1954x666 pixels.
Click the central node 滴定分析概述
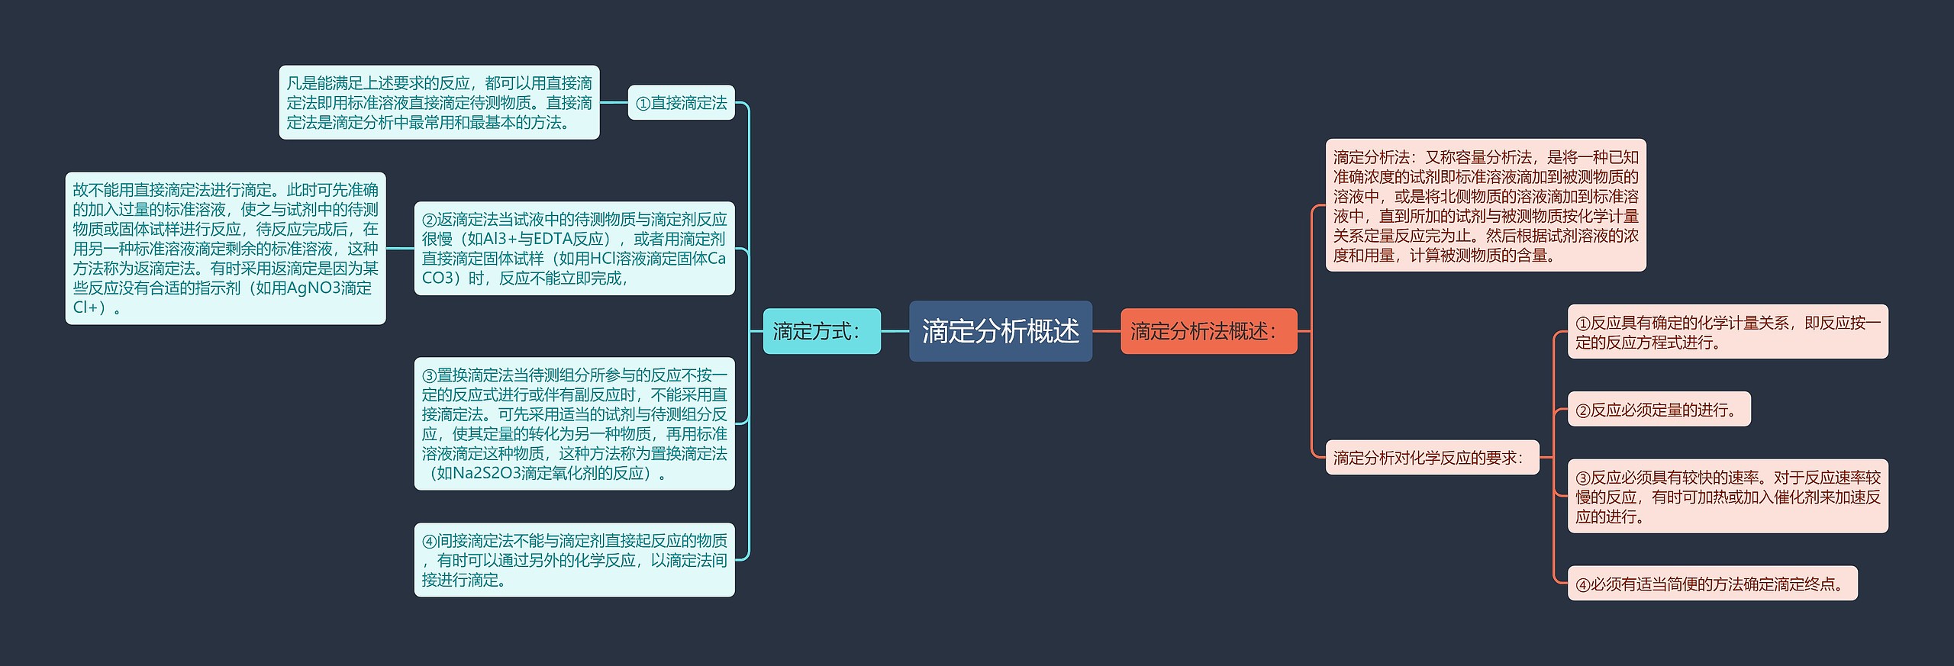point(1000,331)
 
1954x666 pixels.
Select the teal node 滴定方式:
point(821,331)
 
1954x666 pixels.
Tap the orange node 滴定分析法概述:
point(1208,331)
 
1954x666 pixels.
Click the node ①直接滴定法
point(681,103)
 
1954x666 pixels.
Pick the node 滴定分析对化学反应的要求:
point(1432,458)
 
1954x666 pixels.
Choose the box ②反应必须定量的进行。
point(1659,410)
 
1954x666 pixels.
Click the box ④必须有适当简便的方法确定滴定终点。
point(1712,584)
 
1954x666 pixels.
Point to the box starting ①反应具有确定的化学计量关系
point(1727,332)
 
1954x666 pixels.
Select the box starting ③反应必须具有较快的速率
point(1727,497)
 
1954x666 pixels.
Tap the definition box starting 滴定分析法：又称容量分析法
point(1485,205)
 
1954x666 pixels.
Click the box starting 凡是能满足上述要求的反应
point(439,103)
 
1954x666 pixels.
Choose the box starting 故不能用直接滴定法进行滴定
point(225,249)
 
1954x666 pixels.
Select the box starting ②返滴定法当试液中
point(574,249)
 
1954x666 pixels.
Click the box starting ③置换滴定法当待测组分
point(574,423)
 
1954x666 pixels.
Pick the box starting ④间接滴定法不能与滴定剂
point(574,560)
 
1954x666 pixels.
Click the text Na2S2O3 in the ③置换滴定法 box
point(488,473)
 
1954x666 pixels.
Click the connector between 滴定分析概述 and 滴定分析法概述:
point(1106,331)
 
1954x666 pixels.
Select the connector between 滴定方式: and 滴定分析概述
point(895,331)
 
